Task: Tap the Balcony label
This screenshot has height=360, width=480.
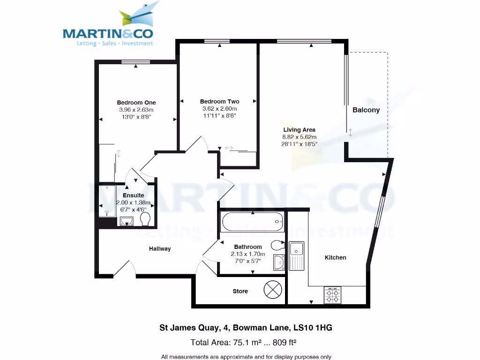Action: tap(366, 110)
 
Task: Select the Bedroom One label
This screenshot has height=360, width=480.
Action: tap(136, 103)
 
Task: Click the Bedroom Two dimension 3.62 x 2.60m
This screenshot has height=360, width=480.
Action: tap(219, 108)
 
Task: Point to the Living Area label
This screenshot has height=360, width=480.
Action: tap(299, 130)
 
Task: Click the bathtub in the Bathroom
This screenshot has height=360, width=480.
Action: tap(253, 221)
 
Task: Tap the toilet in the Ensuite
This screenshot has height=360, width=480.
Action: tap(145, 219)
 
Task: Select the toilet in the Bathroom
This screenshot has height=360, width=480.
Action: tap(277, 244)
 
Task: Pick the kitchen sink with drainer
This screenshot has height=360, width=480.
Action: tap(296, 255)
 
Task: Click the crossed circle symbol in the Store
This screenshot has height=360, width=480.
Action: tap(273, 290)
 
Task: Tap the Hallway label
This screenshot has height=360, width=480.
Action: tap(160, 249)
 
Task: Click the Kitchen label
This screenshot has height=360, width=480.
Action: tap(336, 257)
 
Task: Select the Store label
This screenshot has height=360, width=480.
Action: tap(240, 291)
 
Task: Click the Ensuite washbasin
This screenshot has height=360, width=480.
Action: tap(127, 221)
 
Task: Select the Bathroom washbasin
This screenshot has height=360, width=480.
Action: tap(278, 262)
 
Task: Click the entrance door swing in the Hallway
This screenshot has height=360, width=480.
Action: tap(124, 269)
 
